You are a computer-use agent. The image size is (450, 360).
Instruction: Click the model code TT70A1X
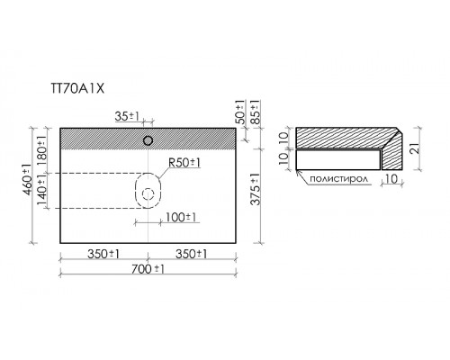click(x=77, y=88)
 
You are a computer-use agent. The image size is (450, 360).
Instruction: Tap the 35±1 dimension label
click(x=127, y=116)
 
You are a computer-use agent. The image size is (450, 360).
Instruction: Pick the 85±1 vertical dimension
click(x=255, y=112)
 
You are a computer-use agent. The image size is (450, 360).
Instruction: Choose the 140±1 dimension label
click(x=41, y=190)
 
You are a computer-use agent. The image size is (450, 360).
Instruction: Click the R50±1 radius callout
click(x=184, y=163)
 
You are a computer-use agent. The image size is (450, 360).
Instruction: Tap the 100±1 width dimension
click(x=181, y=217)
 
